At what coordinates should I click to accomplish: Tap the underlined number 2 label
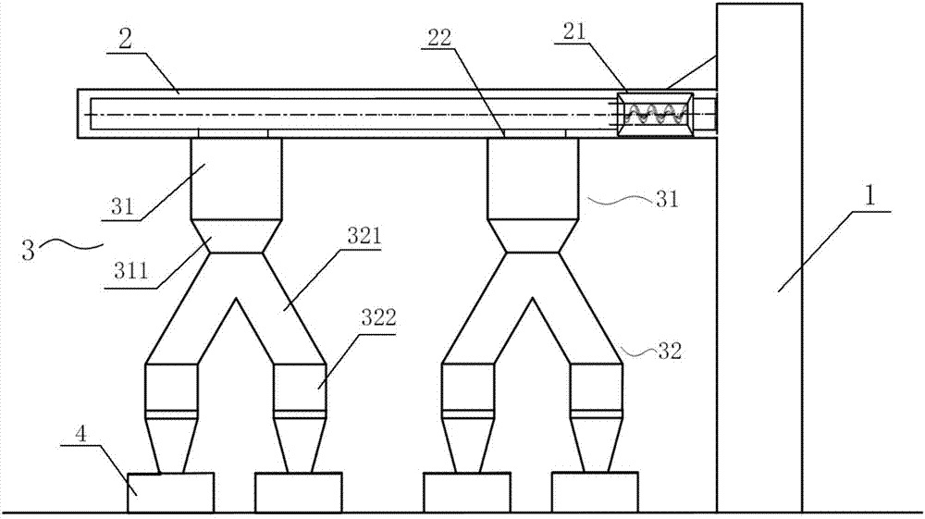(x=126, y=40)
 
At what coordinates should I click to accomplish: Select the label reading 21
(x=574, y=31)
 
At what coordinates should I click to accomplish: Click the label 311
(x=130, y=273)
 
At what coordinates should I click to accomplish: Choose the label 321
(x=364, y=237)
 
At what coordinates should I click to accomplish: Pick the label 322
(x=378, y=318)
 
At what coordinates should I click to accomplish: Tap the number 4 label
(x=81, y=436)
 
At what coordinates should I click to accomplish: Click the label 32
(x=669, y=352)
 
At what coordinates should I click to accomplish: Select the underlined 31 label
(x=123, y=207)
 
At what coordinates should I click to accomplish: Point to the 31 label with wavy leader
(x=667, y=199)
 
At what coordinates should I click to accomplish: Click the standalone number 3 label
(x=28, y=249)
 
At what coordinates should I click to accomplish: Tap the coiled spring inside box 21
(x=656, y=113)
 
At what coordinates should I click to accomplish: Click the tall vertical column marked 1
(x=759, y=258)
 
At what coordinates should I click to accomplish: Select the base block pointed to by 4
(x=170, y=492)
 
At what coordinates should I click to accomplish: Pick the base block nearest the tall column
(x=595, y=492)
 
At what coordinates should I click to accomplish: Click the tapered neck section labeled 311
(x=236, y=237)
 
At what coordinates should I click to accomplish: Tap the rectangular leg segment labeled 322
(x=300, y=387)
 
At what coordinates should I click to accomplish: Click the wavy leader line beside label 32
(x=639, y=352)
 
